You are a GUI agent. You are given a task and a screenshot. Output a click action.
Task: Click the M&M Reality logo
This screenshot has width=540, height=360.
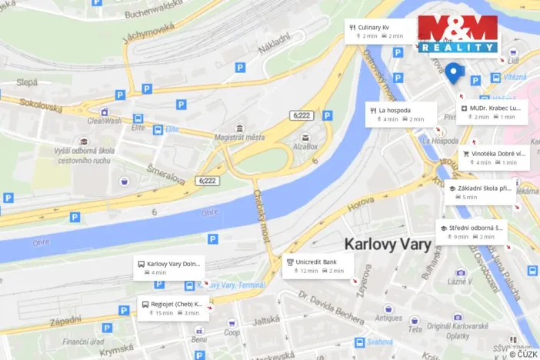click(458, 34)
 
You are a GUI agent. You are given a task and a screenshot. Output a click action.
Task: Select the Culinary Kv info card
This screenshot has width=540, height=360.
click(379, 32)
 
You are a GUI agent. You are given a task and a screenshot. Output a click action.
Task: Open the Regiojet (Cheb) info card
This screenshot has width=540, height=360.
click(173, 308)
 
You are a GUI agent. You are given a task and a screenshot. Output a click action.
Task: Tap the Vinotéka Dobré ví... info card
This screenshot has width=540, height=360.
click(493, 158)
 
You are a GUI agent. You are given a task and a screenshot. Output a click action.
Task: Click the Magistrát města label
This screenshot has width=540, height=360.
click(239, 137)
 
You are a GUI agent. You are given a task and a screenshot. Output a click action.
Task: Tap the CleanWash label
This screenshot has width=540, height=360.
click(104, 121)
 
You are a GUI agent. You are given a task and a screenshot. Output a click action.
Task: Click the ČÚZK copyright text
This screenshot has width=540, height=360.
click(523, 353)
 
